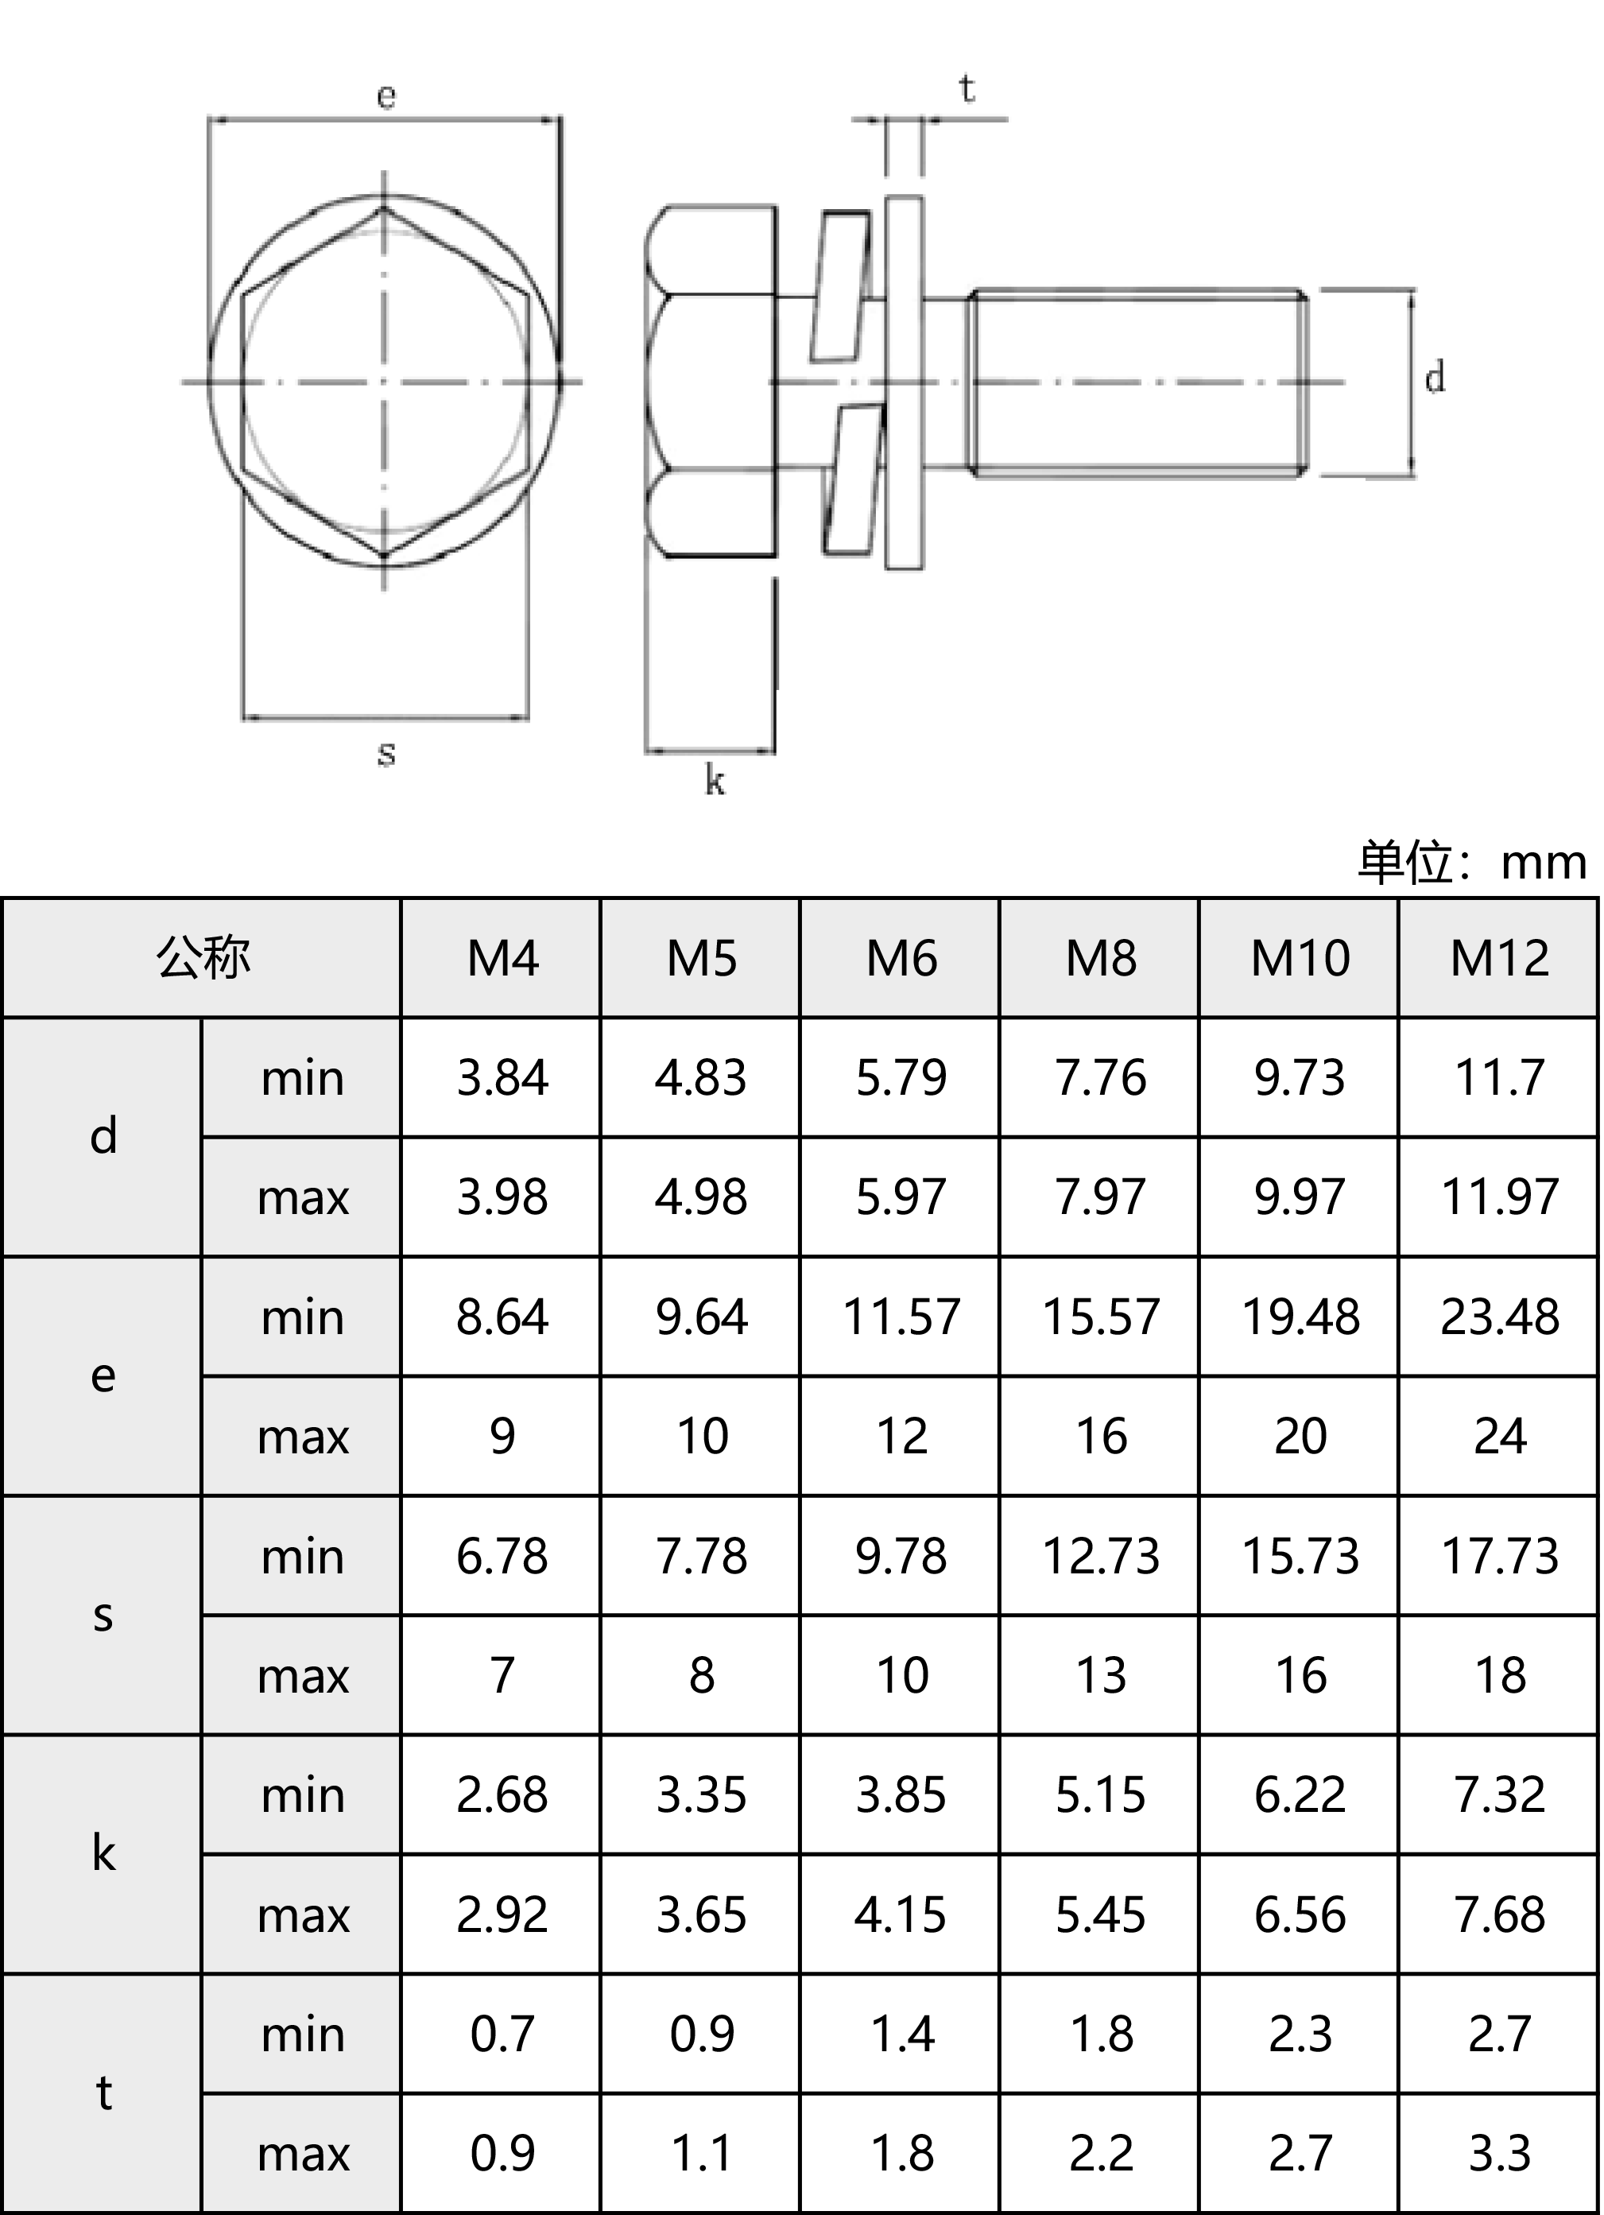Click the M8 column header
click(1101, 958)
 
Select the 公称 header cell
click(202, 958)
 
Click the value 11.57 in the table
click(901, 1317)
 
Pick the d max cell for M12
click(1500, 1197)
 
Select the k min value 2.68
click(502, 1795)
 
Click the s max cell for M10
click(1300, 1676)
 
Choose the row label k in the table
click(103, 1853)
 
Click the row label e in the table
click(103, 1376)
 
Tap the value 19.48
click(1300, 1317)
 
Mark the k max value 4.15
click(901, 1914)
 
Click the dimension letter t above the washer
click(967, 90)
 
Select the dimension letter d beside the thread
click(1434, 377)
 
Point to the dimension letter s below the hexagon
click(386, 754)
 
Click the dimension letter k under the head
click(715, 782)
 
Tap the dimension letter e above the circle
click(386, 95)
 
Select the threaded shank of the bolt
click(1137, 383)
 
